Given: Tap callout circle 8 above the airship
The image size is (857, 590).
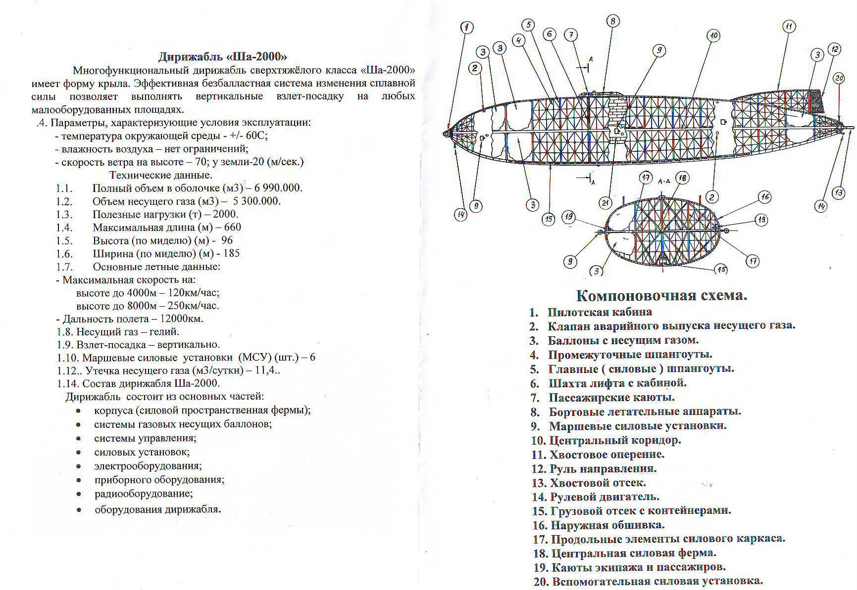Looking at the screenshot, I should pos(612,21).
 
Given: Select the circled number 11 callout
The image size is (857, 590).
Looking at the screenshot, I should pos(789,26).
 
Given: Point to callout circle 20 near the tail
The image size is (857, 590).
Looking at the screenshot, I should pos(838,78).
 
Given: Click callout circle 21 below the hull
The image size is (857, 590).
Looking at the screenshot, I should pos(605,202).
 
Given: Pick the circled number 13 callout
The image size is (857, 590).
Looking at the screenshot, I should pos(838,192).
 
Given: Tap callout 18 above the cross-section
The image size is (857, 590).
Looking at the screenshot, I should pos(682,178).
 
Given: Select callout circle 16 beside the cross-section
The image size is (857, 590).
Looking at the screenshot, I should pos(765,197).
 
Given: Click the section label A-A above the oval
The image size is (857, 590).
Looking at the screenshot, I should pos(663,182).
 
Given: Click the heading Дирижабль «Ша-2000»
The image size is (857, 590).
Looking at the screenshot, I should pos(222,56).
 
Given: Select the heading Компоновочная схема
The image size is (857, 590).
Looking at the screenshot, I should pos(661,295).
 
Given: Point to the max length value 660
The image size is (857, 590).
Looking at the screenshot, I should pos(232,227).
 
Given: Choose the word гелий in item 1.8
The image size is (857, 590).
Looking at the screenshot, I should pos(163,332).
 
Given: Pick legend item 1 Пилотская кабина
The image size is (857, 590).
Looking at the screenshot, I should pos(599,312).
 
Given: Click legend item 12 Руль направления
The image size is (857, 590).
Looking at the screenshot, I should pos(603,468).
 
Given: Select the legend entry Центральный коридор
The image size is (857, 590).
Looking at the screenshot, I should pos(615,440).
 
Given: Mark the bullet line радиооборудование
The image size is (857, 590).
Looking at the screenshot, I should pos(143,494).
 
